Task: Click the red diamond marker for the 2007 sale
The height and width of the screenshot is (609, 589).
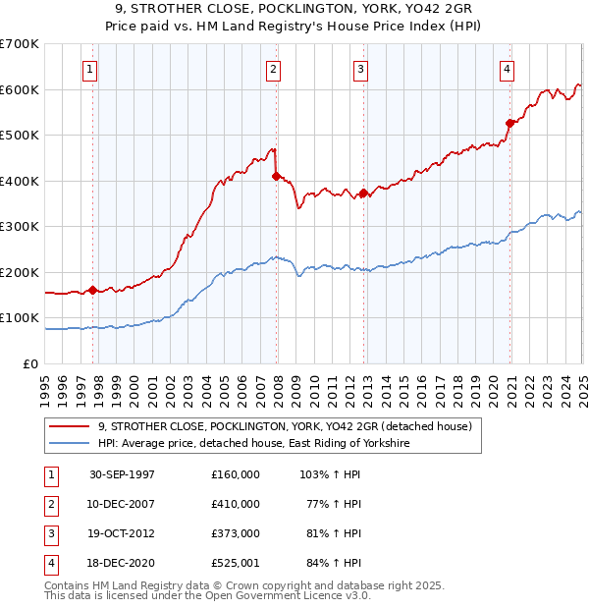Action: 277,177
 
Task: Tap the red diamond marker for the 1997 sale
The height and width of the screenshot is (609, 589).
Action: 93,290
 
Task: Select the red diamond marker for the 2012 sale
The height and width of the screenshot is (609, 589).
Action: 363,194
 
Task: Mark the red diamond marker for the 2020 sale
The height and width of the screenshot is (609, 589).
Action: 510,124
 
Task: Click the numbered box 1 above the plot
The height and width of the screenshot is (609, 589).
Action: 89,69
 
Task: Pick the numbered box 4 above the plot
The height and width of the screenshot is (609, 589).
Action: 507,69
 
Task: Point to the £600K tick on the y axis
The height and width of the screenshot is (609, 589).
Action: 20,89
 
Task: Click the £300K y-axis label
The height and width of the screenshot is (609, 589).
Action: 20,227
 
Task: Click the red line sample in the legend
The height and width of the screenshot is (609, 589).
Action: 70,426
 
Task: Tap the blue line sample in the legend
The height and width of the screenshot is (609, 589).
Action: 70,444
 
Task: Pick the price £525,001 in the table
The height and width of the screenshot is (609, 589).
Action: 236,563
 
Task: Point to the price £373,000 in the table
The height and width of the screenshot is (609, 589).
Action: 236,533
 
